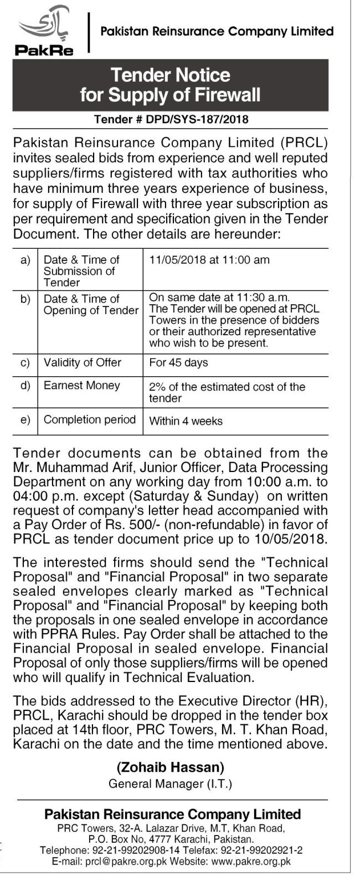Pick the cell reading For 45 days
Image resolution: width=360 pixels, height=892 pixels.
click(x=178, y=363)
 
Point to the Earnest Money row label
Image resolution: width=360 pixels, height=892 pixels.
click(x=81, y=386)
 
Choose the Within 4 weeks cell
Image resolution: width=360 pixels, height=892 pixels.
click(x=186, y=421)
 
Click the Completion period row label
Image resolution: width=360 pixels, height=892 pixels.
click(x=89, y=419)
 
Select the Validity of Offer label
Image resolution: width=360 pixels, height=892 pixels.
click(x=82, y=363)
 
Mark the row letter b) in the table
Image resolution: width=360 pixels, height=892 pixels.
click(x=25, y=299)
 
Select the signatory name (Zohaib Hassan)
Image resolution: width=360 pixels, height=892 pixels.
click(x=171, y=767)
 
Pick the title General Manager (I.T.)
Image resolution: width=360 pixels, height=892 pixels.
click(x=171, y=783)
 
